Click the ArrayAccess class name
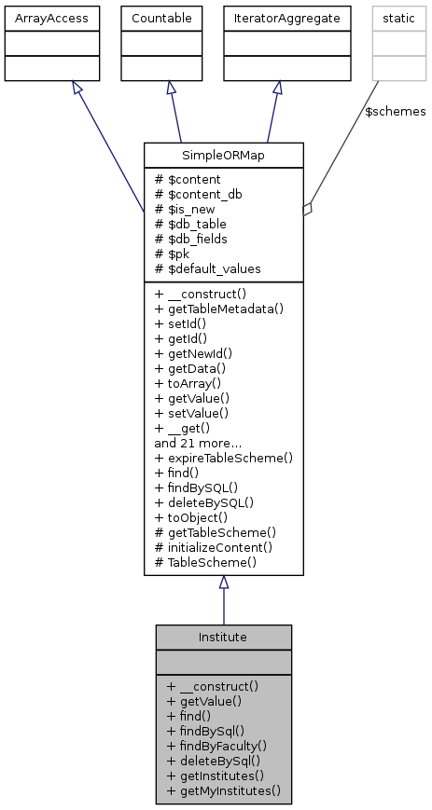[39, 17]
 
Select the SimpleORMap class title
[223, 154]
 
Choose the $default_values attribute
[213, 268]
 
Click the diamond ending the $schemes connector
[309, 208]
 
